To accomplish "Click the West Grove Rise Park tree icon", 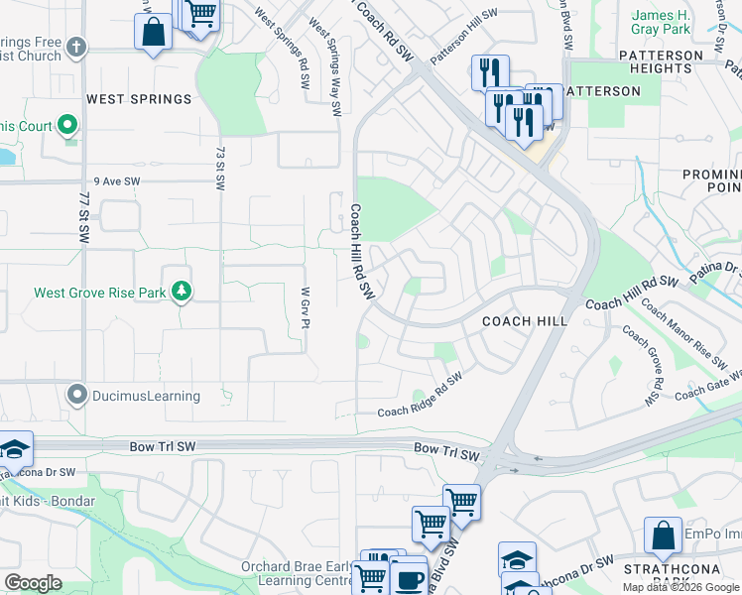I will [181, 291].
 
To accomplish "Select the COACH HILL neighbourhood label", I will [525, 321].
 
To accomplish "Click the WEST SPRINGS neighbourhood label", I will [138, 99].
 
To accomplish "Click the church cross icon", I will [76, 47].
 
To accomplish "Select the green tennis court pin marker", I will [67, 125].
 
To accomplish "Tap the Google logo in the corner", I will [33, 582].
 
